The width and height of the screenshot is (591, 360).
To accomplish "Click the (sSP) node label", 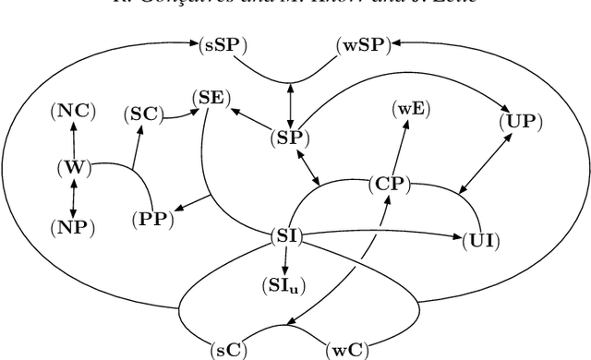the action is click(x=223, y=43).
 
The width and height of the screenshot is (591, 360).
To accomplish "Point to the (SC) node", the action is click(x=144, y=114).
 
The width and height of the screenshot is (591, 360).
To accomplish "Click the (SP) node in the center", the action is click(x=290, y=138).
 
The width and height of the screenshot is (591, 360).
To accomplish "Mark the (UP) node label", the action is click(x=521, y=121).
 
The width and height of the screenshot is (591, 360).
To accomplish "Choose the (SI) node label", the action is click(x=286, y=236).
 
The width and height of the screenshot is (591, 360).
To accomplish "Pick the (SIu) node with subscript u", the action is click(x=285, y=286).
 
